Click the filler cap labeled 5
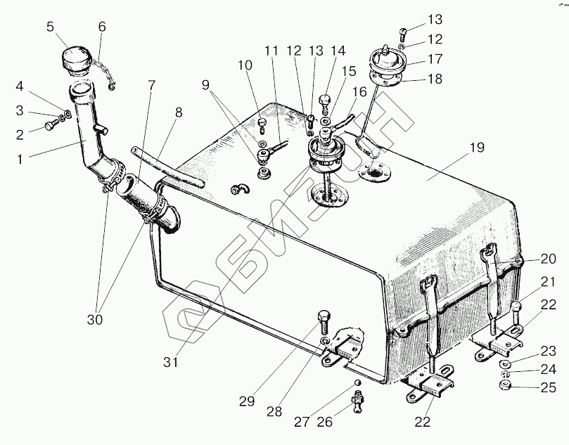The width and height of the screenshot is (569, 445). (x=76, y=60)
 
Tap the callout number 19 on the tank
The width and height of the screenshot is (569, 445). (x=477, y=148)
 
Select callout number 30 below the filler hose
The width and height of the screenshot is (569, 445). (x=95, y=320)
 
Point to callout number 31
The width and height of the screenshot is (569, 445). (x=170, y=361)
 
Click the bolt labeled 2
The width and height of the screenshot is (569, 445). (x=51, y=125)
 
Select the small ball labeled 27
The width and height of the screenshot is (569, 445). (x=357, y=383)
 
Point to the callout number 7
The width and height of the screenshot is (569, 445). (x=151, y=85)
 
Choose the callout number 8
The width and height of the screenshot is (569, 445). (x=179, y=112)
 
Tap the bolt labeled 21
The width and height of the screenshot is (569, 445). (x=516, y=313)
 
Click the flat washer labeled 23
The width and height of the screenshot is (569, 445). (x=505, y=363)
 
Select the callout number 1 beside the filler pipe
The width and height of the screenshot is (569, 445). (x=20, y=159)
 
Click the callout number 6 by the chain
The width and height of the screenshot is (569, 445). (x=102, y=27)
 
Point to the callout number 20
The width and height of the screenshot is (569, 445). (x=548, y=259)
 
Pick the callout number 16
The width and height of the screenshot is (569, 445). (x=359, y=92)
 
